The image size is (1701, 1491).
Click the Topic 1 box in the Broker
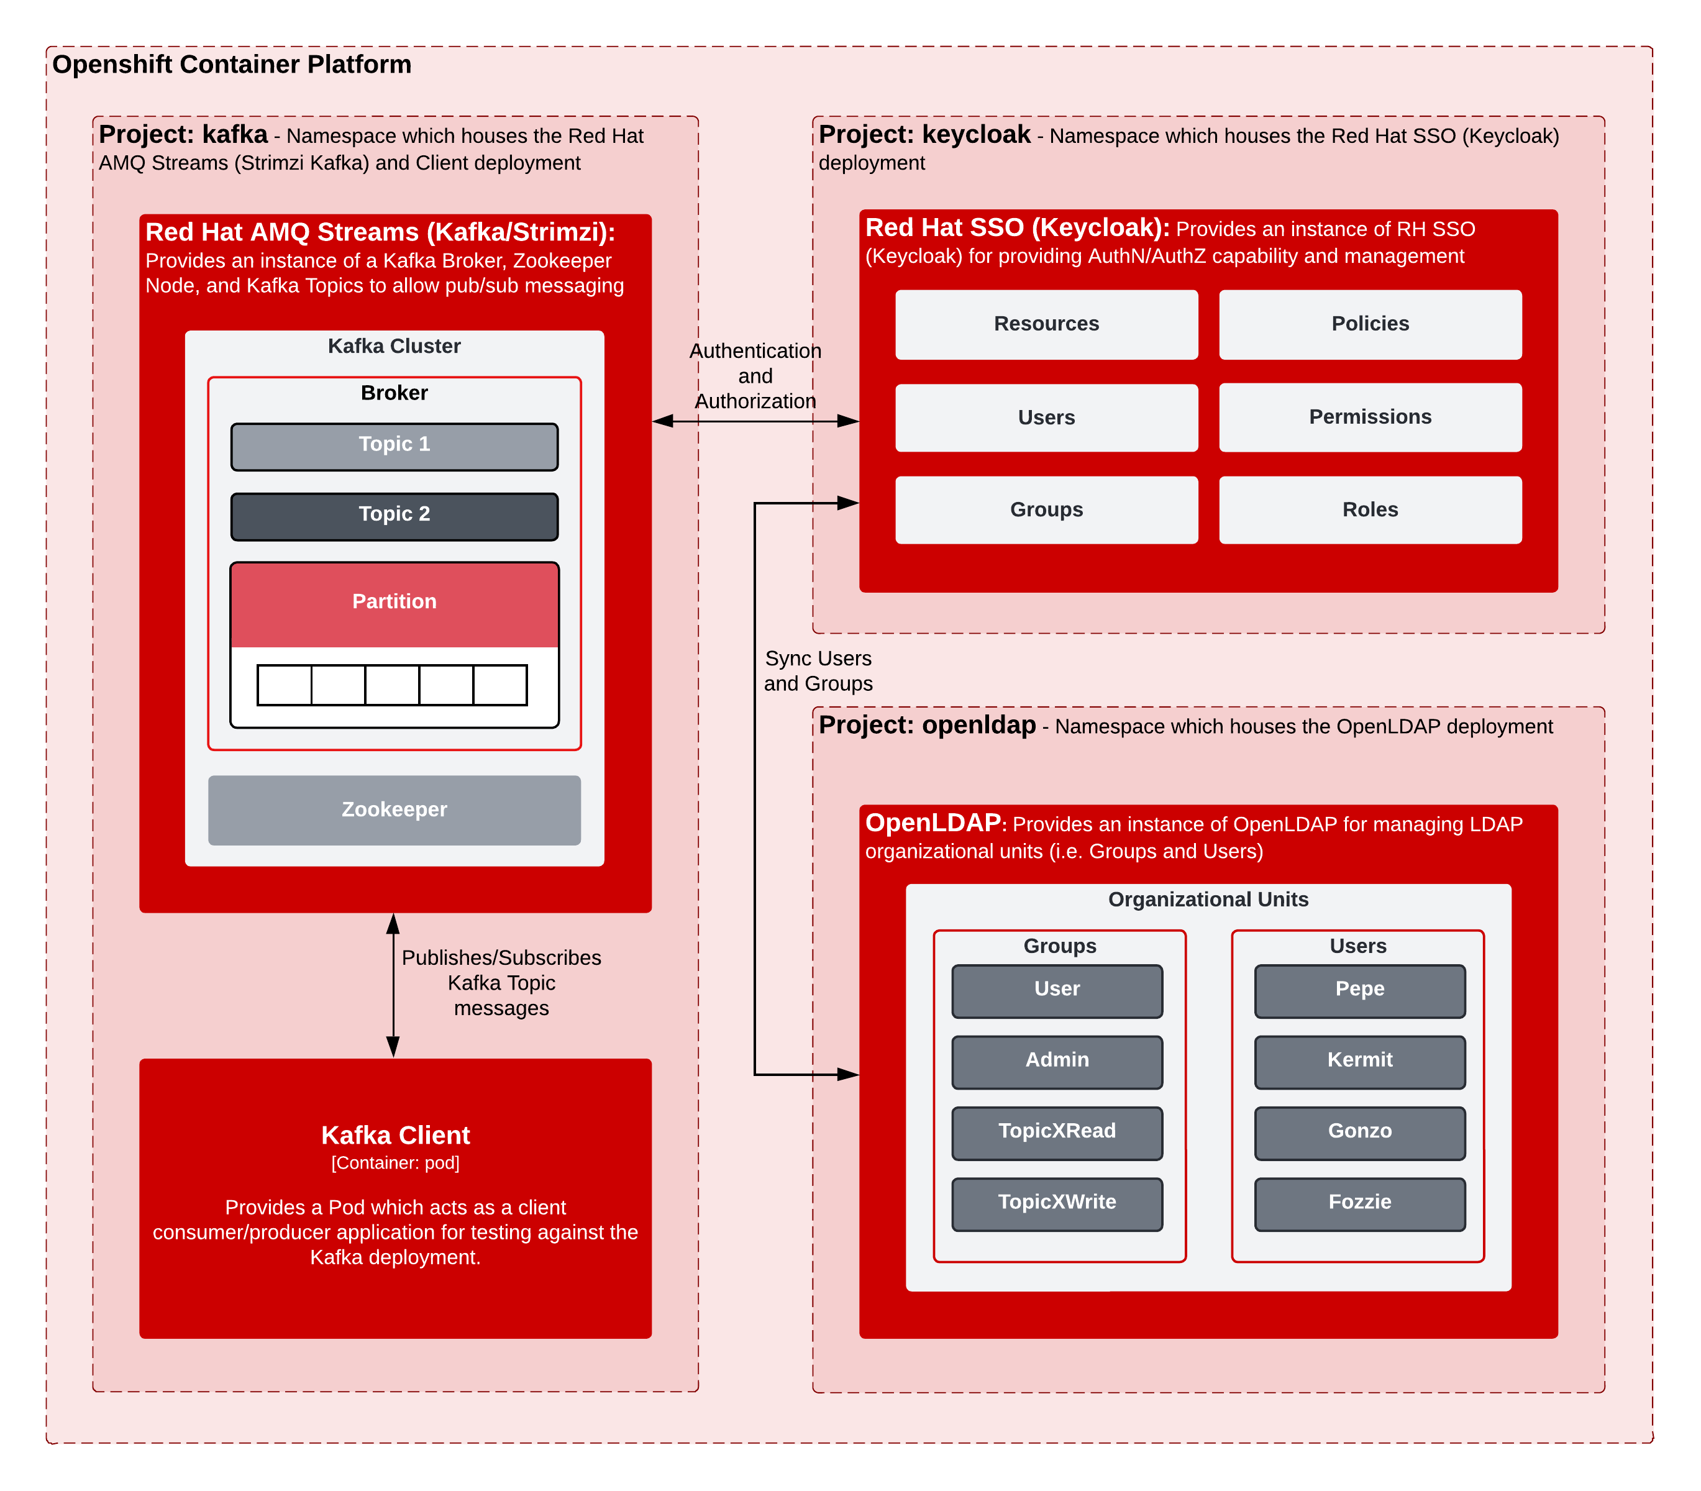pyautogui.click(x=394, y=447)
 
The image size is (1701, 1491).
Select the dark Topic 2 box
pyautogui.click(x=394, y=517)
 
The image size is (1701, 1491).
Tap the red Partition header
pyautogui.click(x=394, y=604)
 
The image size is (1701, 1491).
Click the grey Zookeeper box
pyautogui.click(x=394, y=810)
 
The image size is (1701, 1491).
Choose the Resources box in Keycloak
pyautogui.click(x=1046, y=324)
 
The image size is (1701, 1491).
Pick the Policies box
pyautogui.click(x=1370, y=324)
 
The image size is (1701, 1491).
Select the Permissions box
pyautogui.click(x=1370, y=417)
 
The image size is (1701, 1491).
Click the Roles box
pyautogui.click(x=1370, y=510)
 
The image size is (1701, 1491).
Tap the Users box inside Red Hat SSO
pyautogui.click(x=1046, y=417)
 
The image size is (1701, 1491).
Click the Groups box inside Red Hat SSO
pyautogui.click(x=1046, y=510)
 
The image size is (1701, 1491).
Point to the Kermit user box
pyautogui.click(x=1360, y=1062)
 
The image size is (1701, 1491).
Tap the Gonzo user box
pyautogui.click(x=1360, y=1133)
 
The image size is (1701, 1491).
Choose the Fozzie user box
pyautogui.click(x=1360, y=1204)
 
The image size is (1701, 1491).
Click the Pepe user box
pyautogui.click(x=1360, y=991)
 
